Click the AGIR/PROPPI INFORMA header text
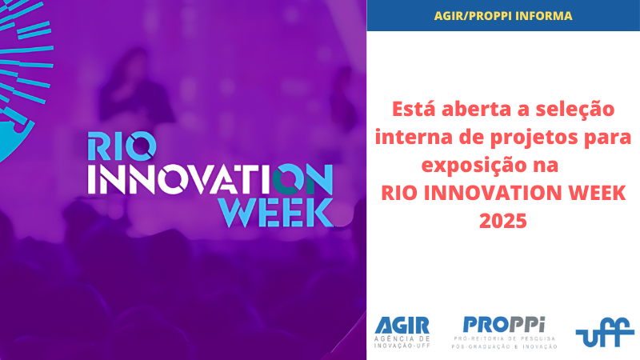pyautogui.click(x=503, y=16)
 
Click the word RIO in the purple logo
pyautogui.click(x=122, y=146)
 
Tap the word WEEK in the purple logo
pyautogui.click(x=276, y=212)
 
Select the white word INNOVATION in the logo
pyautogui.click(x=210, y=179)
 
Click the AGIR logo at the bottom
pyautogui.click(x=402, y=332)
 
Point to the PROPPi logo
pyautogui.click(x=504, y=332)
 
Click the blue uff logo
pyautogui.click(x=605, y=332)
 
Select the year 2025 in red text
pyautogui.click(x=503, y=221)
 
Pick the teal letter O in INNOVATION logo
pyautogui.click(x=288, y=179)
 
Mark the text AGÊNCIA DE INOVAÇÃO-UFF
pyautogui.click(x=402, y=342)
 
